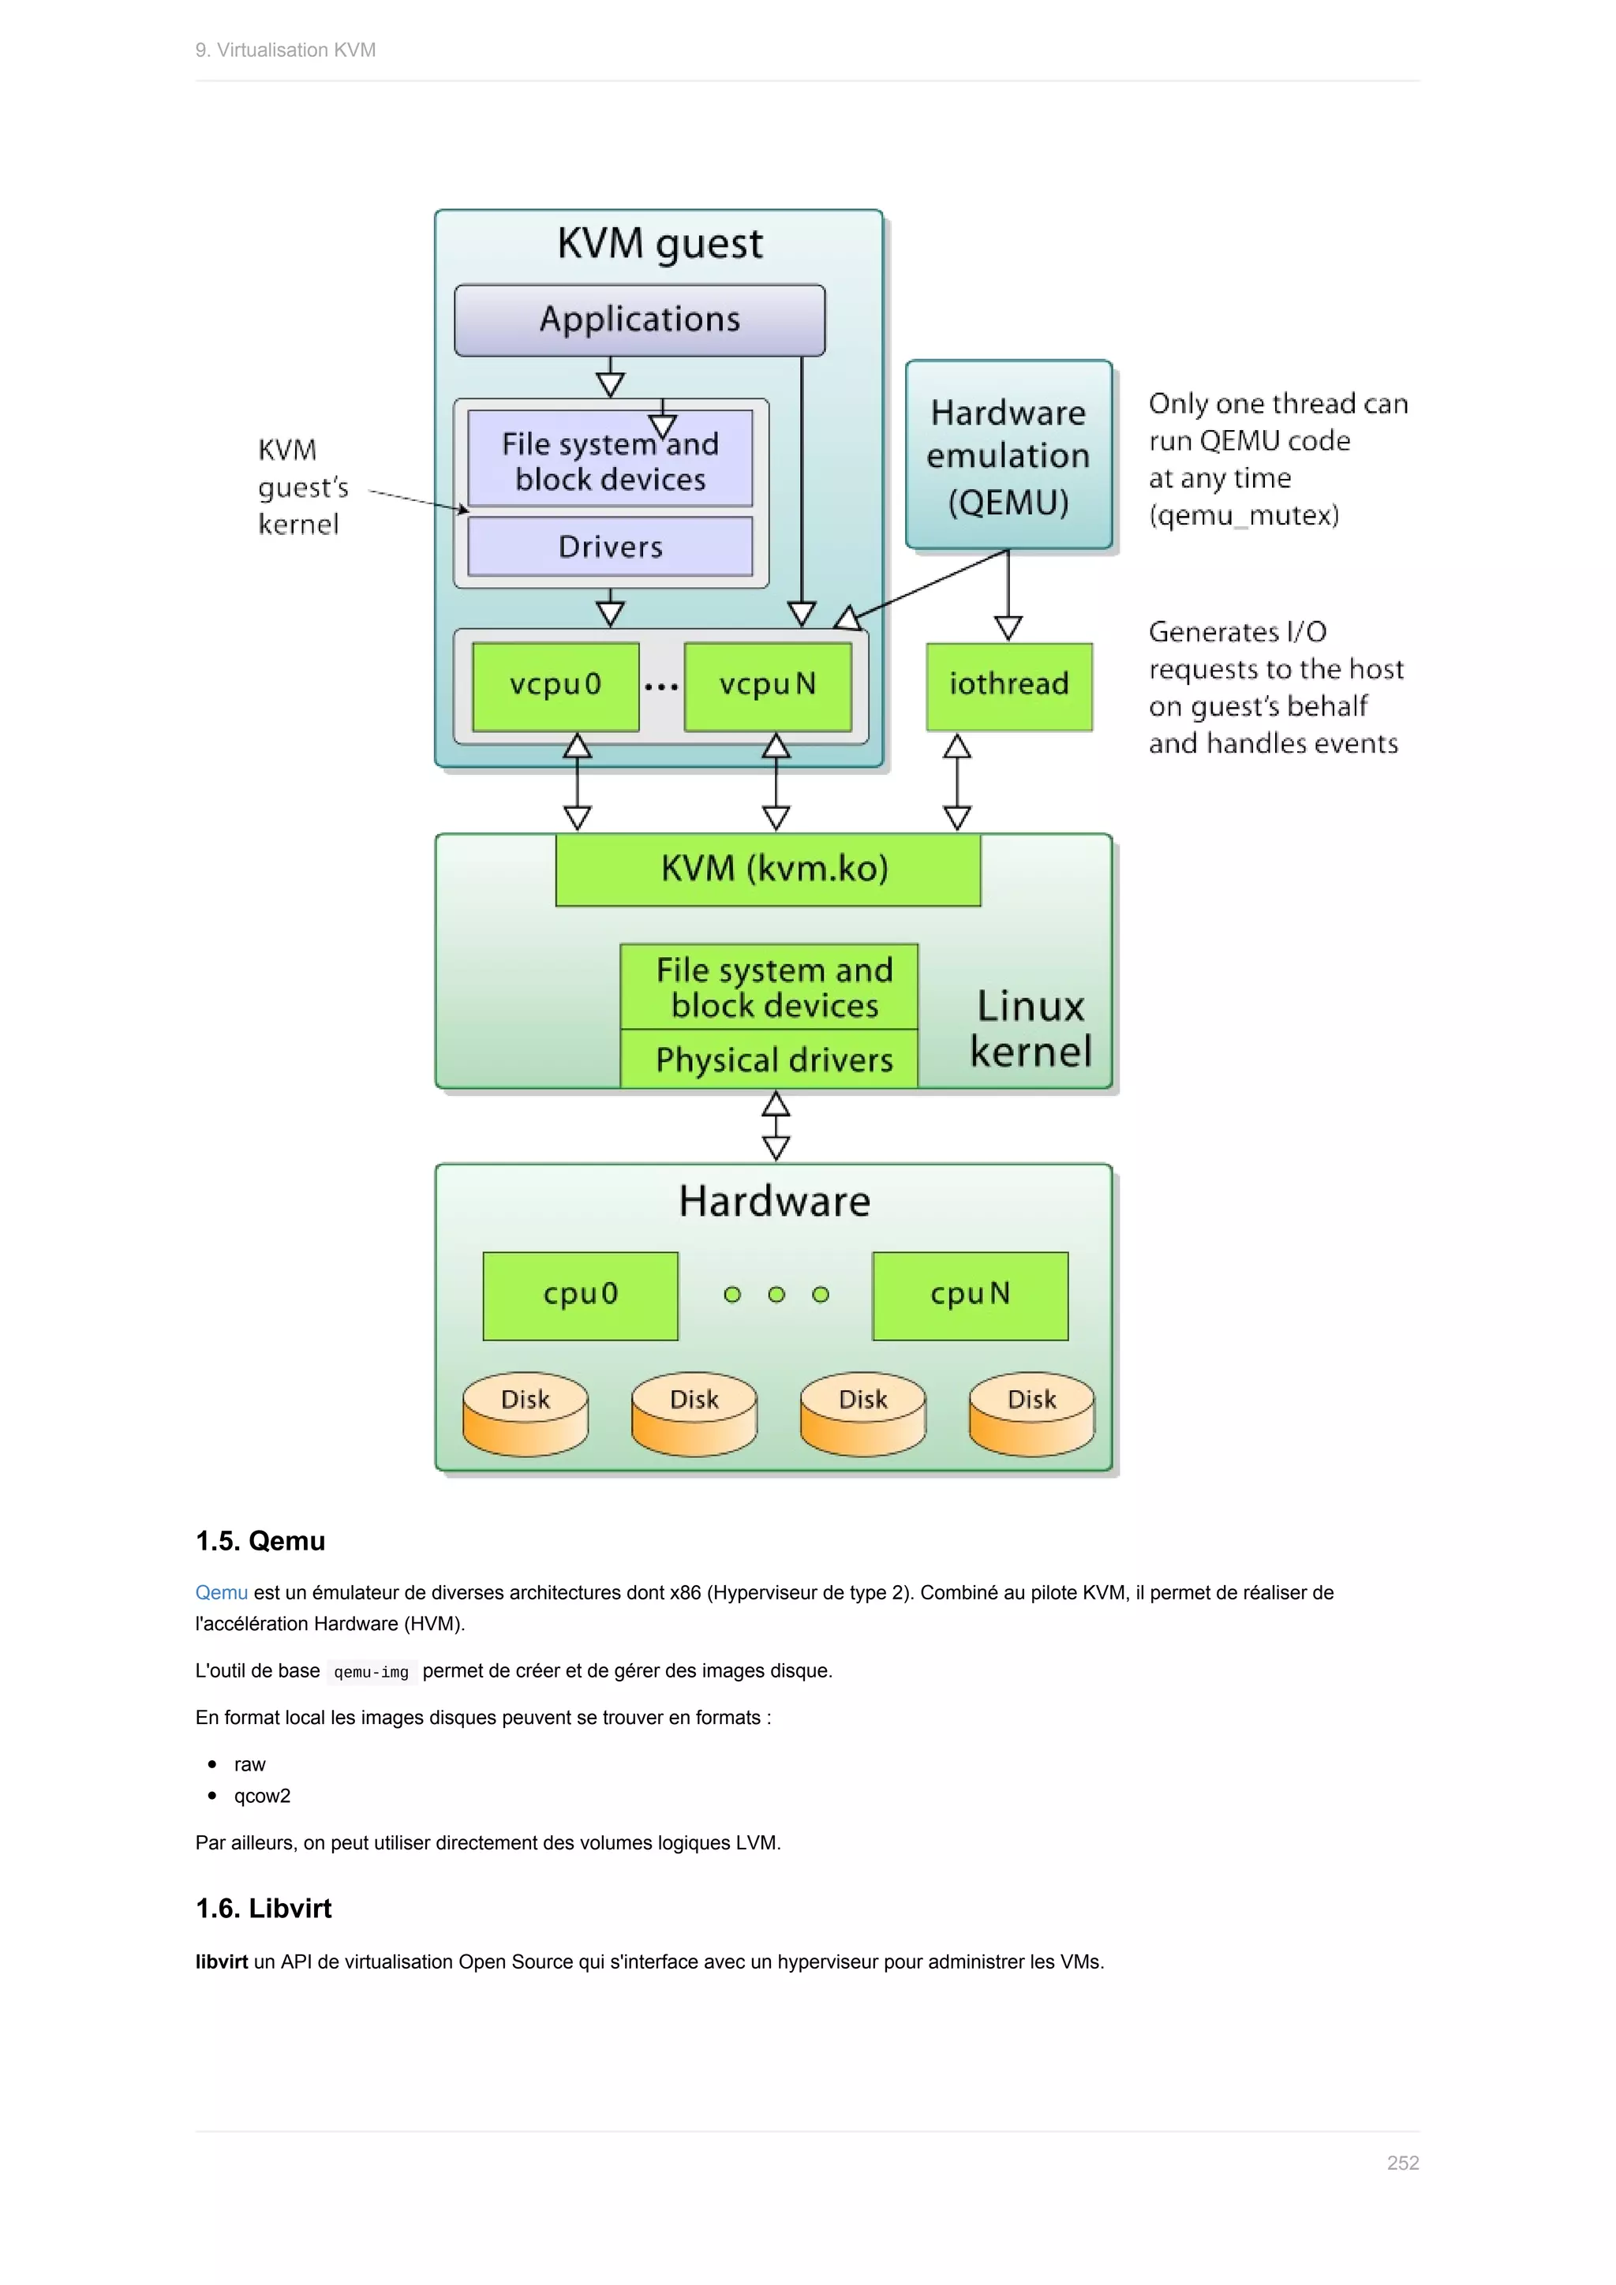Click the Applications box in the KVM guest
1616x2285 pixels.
click(x=639, y=320)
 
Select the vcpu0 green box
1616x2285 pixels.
click(x=555, y=686)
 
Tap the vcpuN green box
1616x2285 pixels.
click(x=767, y=686)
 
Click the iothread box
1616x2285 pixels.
click(x=1008, y=686)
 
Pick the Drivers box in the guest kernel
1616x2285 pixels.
click(x=610, y=546)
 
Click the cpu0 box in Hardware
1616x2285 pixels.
click(x=580, y=1295)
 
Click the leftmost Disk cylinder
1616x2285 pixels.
click(x=526, y=1413)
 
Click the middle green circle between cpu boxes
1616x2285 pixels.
click(x=776, y=1295)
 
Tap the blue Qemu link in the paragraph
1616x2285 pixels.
click(x=221, y=1592)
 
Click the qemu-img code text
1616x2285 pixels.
click(x=371, y=1672)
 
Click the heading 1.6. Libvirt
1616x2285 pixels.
click(x=264, y=1908)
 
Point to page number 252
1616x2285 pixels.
click(x=1402, y=2163)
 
